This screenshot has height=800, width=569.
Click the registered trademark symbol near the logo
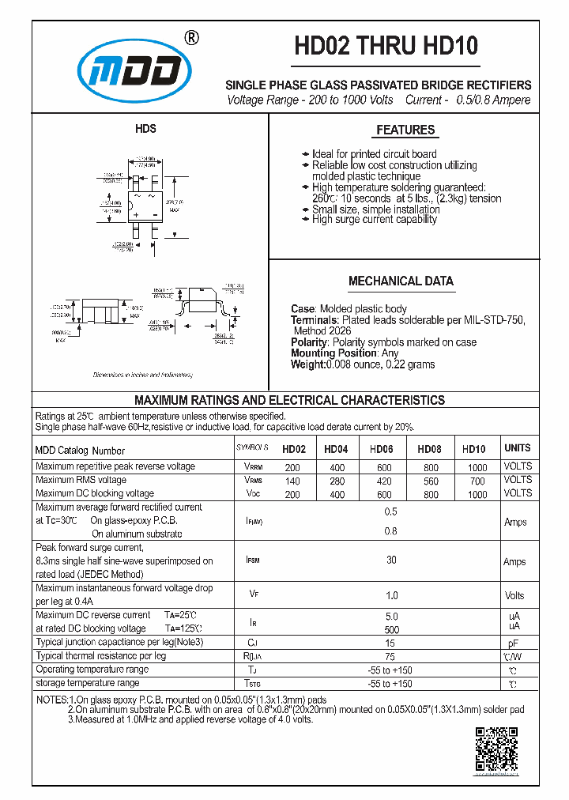(x=190, y=37)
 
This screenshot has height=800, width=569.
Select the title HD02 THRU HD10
(x=386, y=47)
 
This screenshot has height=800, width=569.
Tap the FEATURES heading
(x=405, y=130)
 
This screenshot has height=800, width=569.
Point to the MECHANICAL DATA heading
(x=401, y=281)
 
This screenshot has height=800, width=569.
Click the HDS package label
(x=145, y=129)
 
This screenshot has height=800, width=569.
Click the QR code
(x=496, y=749)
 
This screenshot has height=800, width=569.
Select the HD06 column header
(x=382, y=449)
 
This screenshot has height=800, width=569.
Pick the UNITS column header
(x=517, y=448)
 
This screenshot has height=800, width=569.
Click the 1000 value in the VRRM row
(x=477, y=467)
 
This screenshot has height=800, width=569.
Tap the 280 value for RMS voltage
(x=336, y=481)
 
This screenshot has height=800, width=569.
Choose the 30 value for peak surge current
(x=390, y=560)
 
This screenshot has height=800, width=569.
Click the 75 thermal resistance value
(x=390, y=656)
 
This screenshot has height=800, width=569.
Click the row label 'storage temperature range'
(x=88, y=683)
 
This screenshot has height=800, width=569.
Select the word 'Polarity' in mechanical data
(x=309, y=342)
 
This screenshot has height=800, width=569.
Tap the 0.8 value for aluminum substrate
(x=390, y=531)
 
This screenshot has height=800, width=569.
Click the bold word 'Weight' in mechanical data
(x=307, y=364)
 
